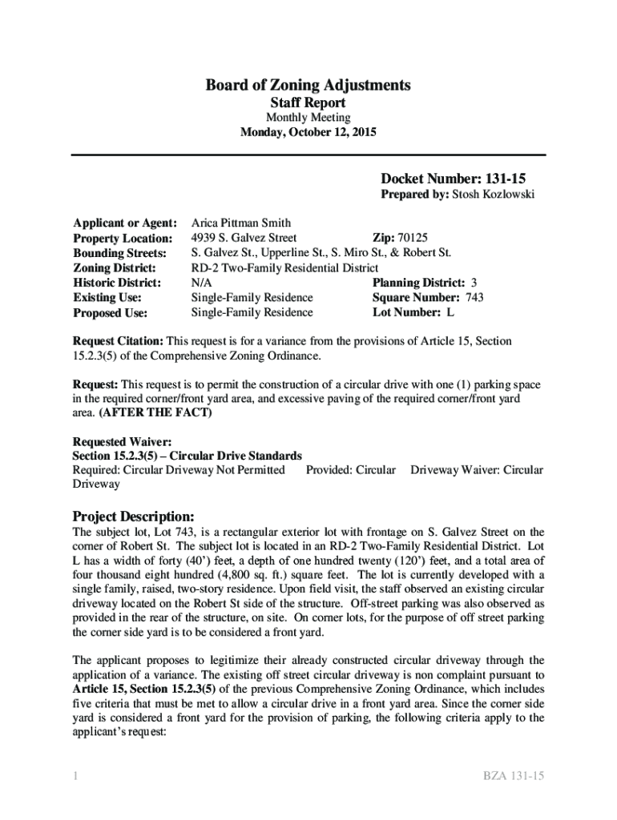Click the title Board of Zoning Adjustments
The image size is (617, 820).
pos(308,85)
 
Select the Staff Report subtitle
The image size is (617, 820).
pos(308,102)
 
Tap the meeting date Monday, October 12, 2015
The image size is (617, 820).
pos(308,132)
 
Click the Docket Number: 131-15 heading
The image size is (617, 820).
pos(452,179)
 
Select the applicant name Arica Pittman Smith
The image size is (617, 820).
pos(240,223)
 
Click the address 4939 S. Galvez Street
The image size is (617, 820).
pos(244,238)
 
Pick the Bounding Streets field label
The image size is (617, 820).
pos(119,254)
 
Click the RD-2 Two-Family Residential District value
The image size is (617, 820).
pos(284,268)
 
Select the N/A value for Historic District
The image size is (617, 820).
pos(201,283)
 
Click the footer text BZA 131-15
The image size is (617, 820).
pos(514,775)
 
